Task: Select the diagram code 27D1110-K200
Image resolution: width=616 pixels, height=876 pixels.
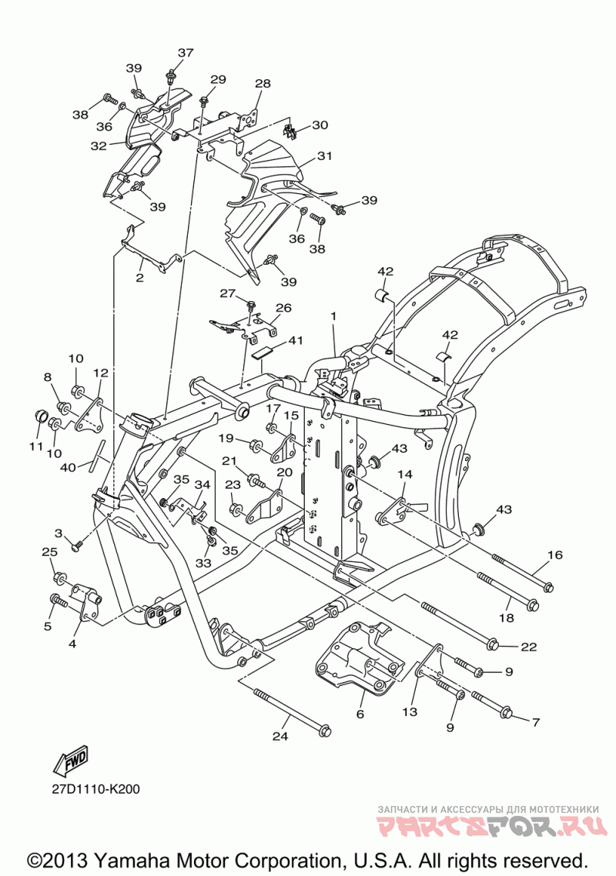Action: click(97, 790)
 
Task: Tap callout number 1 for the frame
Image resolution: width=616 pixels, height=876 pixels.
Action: click(333, 316)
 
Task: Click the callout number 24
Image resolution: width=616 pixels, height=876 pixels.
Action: click(280, 737)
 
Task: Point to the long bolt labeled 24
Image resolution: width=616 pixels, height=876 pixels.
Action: click(292, 710)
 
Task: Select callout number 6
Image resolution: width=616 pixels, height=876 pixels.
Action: click(360, 714)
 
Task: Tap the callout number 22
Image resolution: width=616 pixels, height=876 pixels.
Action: click(529, 647)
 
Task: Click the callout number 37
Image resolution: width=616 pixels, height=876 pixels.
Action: click(186, 52)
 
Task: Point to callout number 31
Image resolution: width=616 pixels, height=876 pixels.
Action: click(325, 155)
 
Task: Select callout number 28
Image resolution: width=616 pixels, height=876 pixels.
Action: click(263, 83)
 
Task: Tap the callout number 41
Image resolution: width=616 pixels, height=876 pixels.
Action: click(296, 340)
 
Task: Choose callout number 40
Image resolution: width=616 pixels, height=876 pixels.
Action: click(69, 466)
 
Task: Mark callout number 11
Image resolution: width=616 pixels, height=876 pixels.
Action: click(36, 446)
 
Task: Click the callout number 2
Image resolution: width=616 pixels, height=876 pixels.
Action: click(139, 278)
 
